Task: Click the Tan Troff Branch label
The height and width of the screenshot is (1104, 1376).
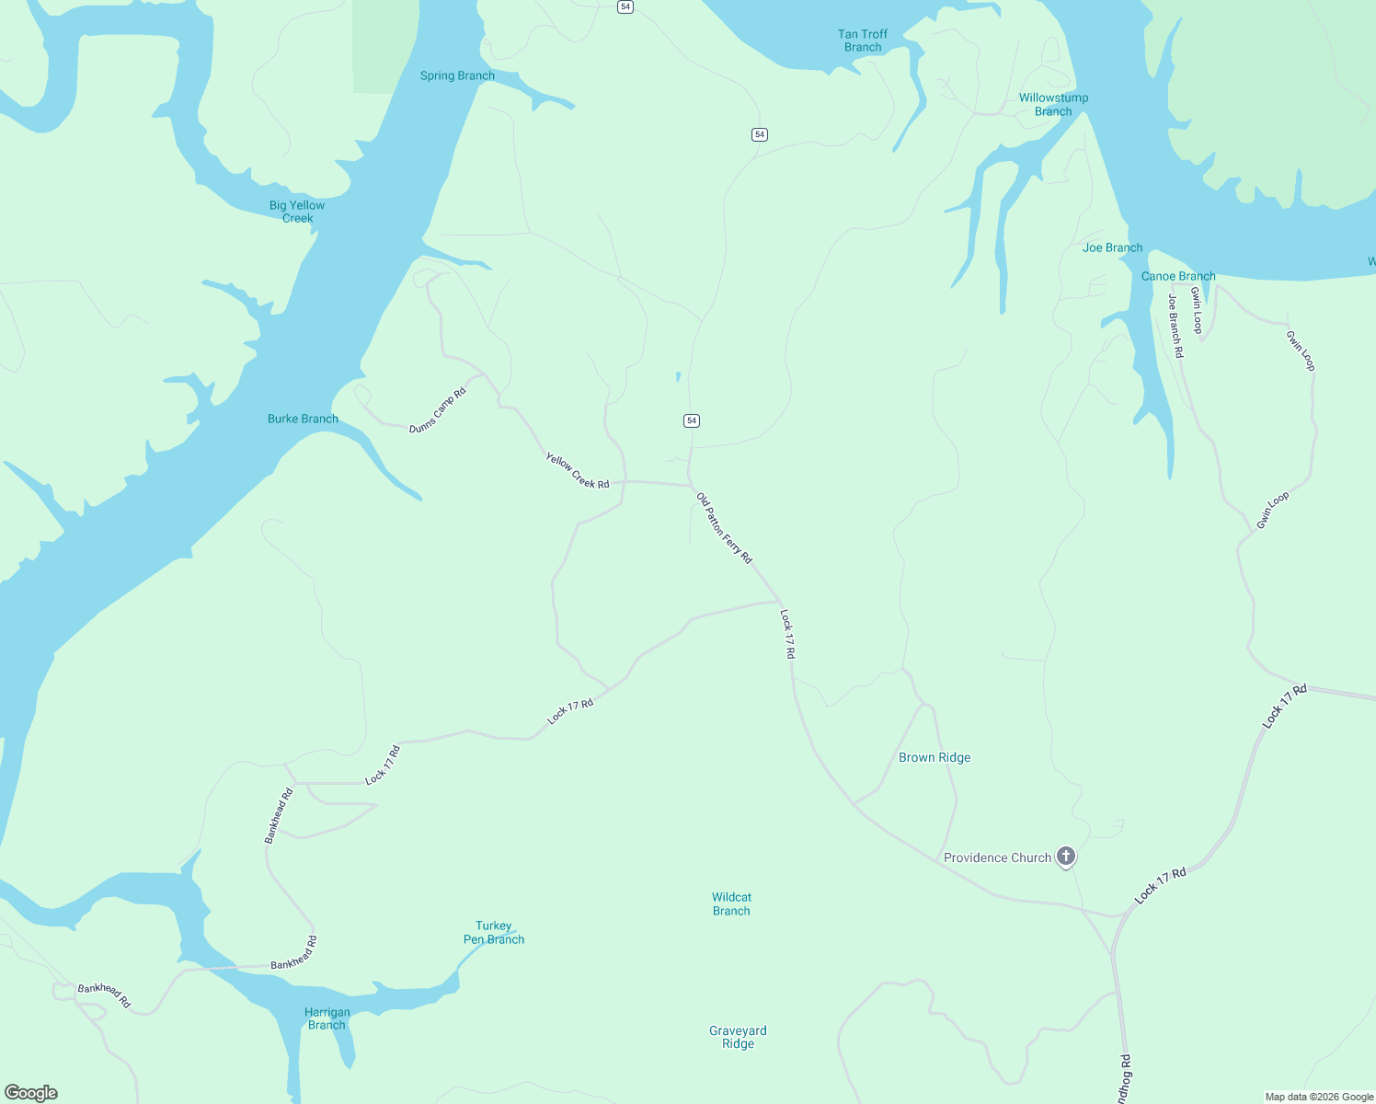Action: click(862, 40)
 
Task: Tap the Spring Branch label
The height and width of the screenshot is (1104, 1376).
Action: click(457, 75)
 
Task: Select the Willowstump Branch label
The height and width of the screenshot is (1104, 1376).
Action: click(1053, 105)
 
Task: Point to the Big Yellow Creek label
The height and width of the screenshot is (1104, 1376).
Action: click(297, 212)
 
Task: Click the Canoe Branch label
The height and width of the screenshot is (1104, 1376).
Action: click(1178, 276)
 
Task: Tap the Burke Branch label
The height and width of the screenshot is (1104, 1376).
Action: click(303, 419)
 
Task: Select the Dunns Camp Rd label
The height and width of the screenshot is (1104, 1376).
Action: click(438, 410)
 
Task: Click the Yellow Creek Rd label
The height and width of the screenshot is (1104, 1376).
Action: click(578, 470)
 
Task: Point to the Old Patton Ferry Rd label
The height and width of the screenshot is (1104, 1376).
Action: click(724, 528)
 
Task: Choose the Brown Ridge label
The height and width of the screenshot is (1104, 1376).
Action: click(935, 757)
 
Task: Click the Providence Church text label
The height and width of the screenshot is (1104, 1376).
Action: click(997, 857)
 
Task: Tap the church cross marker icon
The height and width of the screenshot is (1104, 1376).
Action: click(1066, 857)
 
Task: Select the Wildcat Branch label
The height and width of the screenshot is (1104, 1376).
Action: click(731, 903)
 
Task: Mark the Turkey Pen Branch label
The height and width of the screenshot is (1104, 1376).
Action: click(494, 933)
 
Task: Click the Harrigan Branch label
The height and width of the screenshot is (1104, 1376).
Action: click(327, 1018)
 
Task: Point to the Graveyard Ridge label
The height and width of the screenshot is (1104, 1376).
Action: click(738, 1037)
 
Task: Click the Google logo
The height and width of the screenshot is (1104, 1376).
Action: click(31, 1093)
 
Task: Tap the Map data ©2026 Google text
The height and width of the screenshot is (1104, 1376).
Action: click(1319, 1097)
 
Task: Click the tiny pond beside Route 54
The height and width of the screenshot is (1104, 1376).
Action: click(678, 376)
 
